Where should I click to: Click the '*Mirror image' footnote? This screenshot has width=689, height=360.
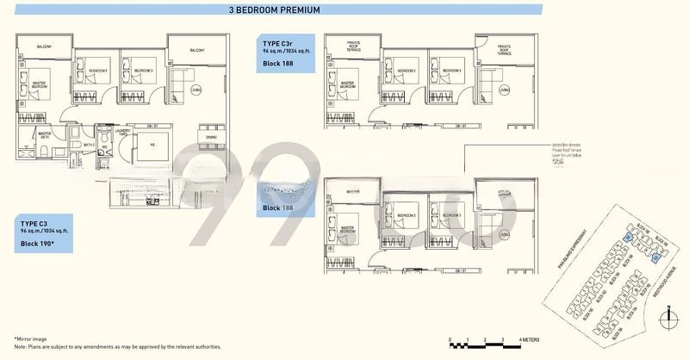pyautogui.click(x=30, y=339)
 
